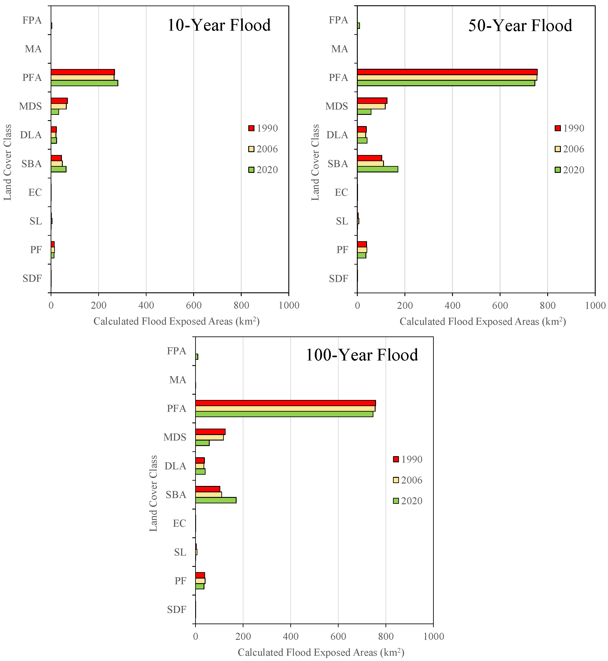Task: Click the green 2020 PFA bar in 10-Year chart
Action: (x=84, y=83)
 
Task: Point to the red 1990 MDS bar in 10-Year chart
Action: (x=59, y=101)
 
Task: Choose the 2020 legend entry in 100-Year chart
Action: (x=408, y=501)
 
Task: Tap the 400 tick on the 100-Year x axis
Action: (x=291, y=636)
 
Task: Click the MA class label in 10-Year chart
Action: (x=33, y=49)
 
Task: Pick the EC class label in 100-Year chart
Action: (x=179, y=523)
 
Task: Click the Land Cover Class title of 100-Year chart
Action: (x=153, y=493)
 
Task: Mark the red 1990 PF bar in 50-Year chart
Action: (x=362, y=244)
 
